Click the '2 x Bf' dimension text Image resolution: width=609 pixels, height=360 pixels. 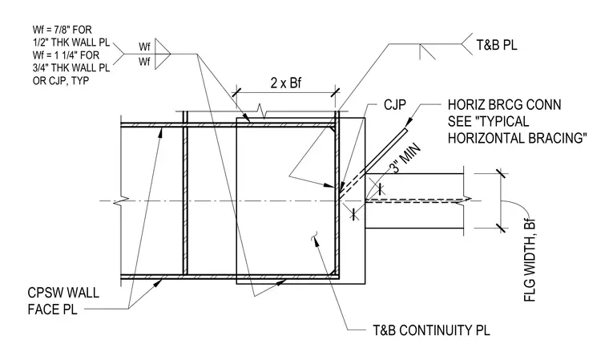point(286,83)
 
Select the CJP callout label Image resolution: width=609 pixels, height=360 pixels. point(394,104)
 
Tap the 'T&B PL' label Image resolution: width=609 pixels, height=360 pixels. point(497,45)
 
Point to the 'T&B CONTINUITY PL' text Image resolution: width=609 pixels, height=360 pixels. point(431,330)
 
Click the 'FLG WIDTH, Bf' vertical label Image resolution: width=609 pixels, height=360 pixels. point(530,260)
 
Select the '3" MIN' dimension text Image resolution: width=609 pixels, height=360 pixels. point(405,158)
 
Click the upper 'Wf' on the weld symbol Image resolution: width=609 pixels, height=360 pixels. point(144,47)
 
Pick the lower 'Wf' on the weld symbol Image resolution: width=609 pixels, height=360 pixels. point(144,62)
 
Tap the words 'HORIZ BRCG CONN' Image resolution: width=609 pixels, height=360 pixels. point(504,105)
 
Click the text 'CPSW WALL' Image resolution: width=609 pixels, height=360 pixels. point(63,293)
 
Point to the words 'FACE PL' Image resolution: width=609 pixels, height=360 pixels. point(52,309)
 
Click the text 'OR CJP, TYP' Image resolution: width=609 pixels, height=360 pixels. point(61,81)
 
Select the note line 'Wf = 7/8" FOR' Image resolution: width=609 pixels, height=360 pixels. point(63,30)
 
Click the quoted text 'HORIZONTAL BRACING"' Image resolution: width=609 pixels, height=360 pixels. point(517,139)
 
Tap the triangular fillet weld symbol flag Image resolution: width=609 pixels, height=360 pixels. point(163,54)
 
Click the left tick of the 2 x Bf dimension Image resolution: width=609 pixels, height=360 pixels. point(236,92)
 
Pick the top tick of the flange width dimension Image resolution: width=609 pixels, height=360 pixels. point(501,173)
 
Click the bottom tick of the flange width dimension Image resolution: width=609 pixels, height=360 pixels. point(501,228)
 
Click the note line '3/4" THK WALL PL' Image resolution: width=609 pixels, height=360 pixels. point(71,68)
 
